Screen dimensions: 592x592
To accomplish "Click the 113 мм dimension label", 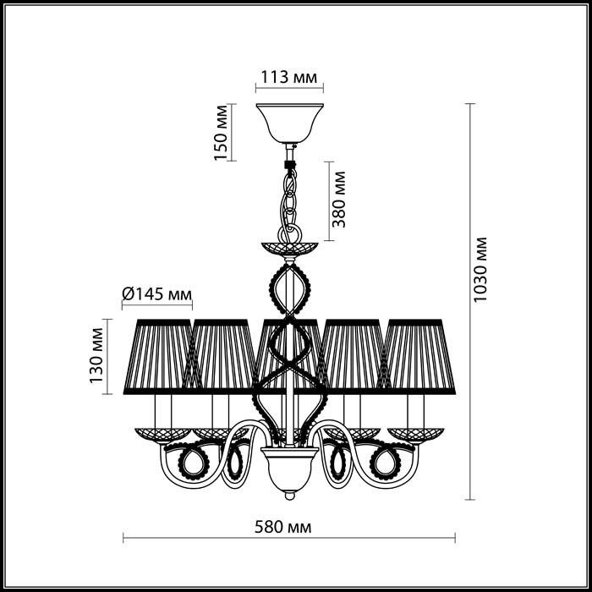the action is click(289, 77).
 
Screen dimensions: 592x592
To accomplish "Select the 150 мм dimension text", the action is click(221, 133).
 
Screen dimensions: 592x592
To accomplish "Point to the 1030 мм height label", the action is click(480, 269).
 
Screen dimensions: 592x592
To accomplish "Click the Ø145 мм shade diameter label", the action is click(157, 293).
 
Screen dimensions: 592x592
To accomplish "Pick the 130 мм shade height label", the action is click(96, 355).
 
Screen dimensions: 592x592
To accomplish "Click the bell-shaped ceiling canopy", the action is click(289, 123).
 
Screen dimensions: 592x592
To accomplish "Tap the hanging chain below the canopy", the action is click(289, 204).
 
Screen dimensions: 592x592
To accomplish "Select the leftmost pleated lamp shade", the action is click(159, 357).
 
